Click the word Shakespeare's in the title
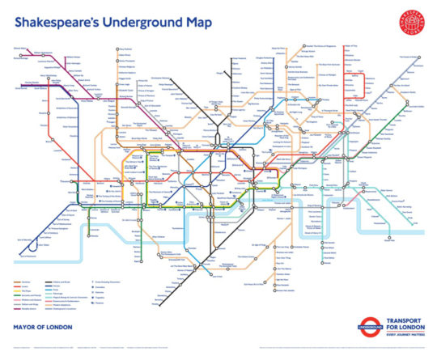pyautogui.click(x=57, y=23)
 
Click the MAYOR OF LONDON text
pyautogui.click(x=44, y=328)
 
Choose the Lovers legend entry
pyautogui.click(x=25, y=285)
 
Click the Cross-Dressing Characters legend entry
pyautogui.click(x=106, y=282)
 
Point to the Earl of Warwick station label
pyautogui.click(x=24, y=239)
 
